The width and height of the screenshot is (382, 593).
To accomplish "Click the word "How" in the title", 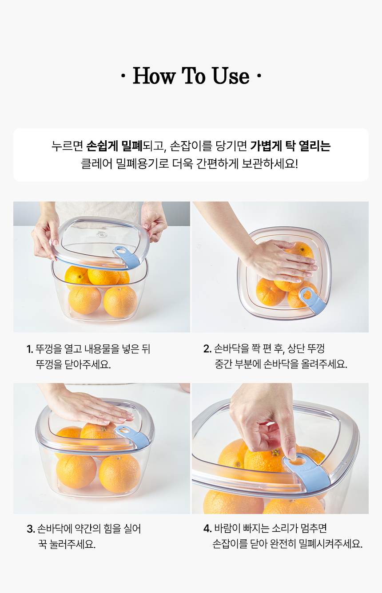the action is pos(154,76).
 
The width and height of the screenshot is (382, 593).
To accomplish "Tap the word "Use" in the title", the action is pos(231,76).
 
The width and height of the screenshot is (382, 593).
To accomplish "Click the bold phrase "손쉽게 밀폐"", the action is pos(115,146).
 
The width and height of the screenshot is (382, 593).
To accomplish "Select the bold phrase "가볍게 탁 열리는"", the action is pos(290,146).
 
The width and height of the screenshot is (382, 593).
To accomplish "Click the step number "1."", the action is pos(30,349).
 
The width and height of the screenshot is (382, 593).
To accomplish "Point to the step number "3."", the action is pos(31,529).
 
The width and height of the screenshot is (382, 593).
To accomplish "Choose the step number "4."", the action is pos(207,528).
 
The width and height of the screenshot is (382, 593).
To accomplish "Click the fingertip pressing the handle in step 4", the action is pos(292,455).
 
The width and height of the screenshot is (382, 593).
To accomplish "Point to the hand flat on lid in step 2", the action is pos(281,261).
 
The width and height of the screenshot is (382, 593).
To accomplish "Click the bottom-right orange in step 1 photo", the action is pos(120,302).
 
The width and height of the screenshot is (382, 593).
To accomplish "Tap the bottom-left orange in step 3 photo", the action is pos(76,472).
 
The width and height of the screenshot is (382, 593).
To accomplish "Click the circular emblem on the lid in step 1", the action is pos(101,234).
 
